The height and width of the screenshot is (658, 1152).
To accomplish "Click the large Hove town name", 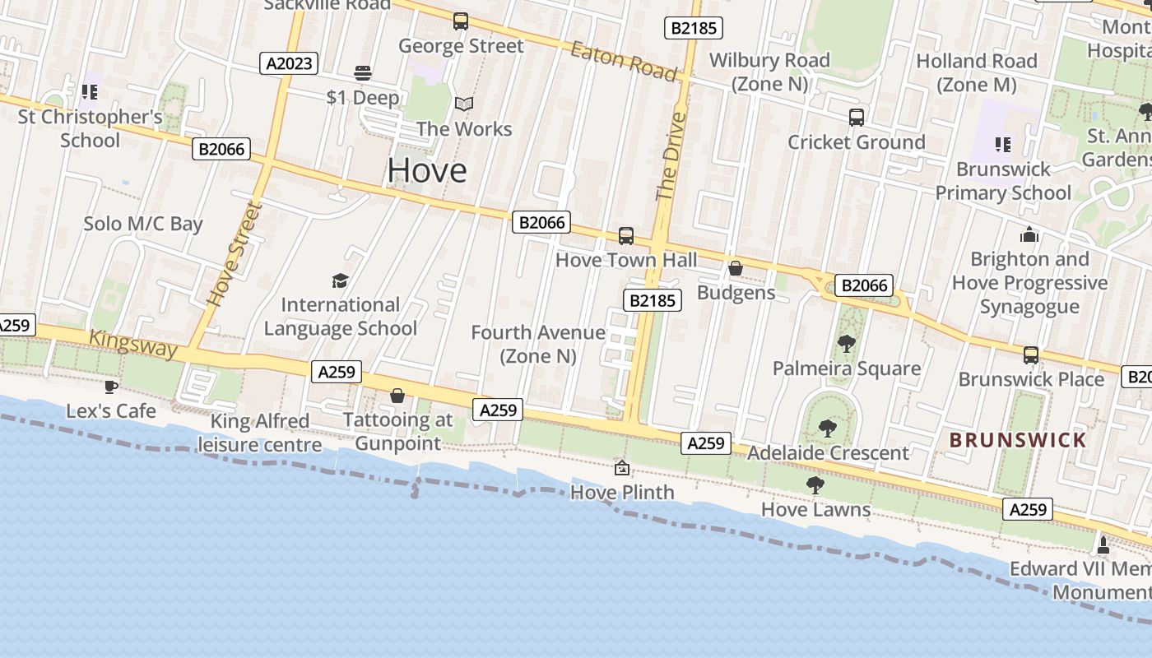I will click(x=427, y=170).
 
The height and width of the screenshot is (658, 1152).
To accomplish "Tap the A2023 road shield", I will click(x=288, y=63).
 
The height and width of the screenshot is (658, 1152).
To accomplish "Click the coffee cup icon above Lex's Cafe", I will click(x=111, y=386).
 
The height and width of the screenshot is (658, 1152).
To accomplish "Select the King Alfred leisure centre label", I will click(x=260, y=433).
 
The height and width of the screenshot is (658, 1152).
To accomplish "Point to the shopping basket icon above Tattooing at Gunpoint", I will click(x=397, y=396).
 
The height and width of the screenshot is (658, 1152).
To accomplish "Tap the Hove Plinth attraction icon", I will click(x=622, y=469).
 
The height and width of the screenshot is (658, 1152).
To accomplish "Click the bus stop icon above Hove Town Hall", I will click(x=626, y=236).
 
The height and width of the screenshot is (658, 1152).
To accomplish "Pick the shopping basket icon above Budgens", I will click(x=736, y=269).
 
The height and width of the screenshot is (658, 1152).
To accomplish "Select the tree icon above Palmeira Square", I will click(x=846, y=344).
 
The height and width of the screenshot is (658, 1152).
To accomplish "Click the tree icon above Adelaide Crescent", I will click(x=828, y=429).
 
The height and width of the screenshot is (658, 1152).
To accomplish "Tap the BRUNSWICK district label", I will click(x=1018, y=440).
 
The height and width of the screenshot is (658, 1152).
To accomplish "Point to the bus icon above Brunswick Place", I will click(x=1031, y=355).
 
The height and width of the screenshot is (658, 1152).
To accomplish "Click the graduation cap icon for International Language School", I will click(x=340, y=281).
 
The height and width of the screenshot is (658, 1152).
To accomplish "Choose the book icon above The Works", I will click(x=464, y=104).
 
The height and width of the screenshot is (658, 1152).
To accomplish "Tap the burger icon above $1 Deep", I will click(x=363, y=73).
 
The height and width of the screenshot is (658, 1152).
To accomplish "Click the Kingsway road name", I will click(x=133, y=343).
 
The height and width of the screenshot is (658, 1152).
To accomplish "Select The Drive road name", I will click(x=671, y=156).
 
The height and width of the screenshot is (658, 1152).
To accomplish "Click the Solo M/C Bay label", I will click(x=143, y=224).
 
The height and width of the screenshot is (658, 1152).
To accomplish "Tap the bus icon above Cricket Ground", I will click(x=857, y=118).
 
